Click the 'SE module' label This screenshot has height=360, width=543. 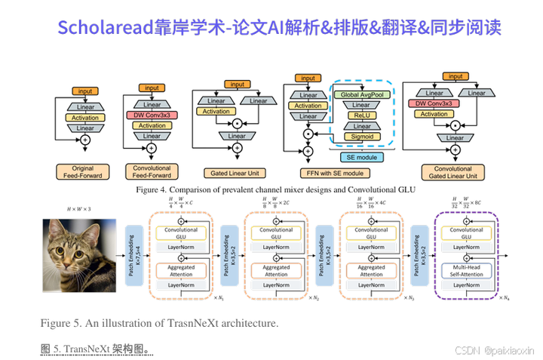361,156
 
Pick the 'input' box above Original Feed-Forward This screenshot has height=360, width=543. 84,91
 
